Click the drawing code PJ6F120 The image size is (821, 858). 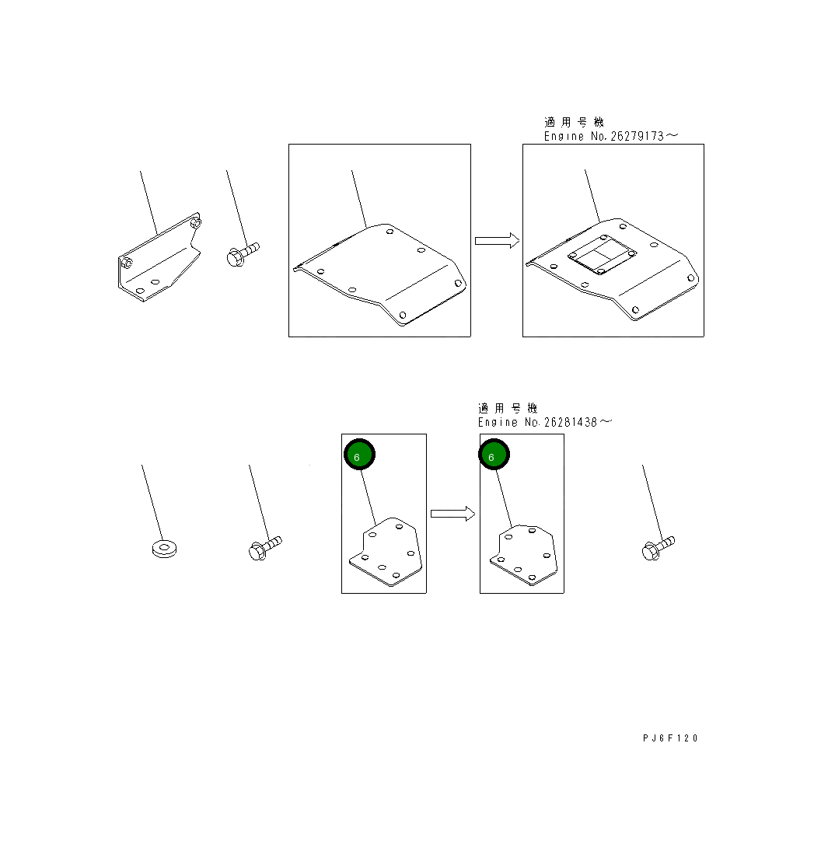pos(670,738)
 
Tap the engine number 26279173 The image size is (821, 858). pos(637,136)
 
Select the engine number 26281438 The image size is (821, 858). pos(571,422)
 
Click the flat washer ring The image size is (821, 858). pos(164,548)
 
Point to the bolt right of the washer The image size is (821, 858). pos(265,547)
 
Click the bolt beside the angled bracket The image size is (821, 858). pos(243,254)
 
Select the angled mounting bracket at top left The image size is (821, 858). pos(159,257)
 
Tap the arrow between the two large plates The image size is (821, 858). pos(497,241)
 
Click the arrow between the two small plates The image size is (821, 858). pos(452,514)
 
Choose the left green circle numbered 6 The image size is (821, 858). pos(360,454)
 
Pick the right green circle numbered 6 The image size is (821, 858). pos(494,454)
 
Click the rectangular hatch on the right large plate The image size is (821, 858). pos(602,255)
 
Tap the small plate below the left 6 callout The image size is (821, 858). pos(386,552)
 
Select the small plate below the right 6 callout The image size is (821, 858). pos(524,555)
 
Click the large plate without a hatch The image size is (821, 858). pos(380,274)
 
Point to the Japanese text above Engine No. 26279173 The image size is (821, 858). pos(574,122)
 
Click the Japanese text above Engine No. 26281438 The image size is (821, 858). pos(508,408)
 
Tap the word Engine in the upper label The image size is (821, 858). pos(564,136)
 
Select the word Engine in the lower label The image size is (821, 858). pos(498,422)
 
